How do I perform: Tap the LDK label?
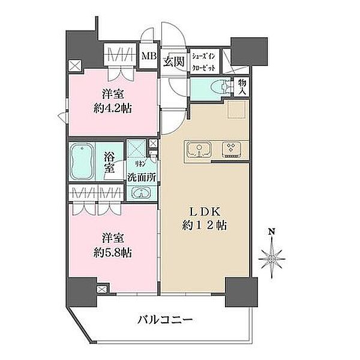(x=205, y=212)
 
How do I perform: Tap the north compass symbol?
(x=273, y=256)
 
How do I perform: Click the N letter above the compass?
(x=271, y=232)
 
